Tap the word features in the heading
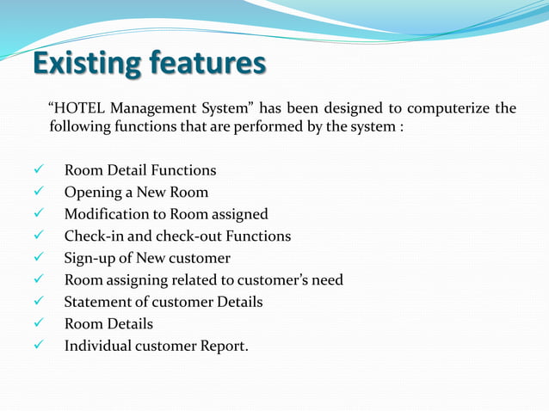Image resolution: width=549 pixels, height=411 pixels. (x=207, y=64)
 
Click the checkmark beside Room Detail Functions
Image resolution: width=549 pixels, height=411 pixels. (x=38, y=170)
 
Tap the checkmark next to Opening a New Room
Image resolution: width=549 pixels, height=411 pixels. (x=38, y=193)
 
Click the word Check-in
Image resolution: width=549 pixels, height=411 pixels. (x=92, y=236)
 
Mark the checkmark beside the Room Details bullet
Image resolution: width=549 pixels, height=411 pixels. (x=38, y=323)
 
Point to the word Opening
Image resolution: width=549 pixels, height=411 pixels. (x=91, y=193)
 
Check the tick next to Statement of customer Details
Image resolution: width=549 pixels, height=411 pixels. (x=38, y=302)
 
